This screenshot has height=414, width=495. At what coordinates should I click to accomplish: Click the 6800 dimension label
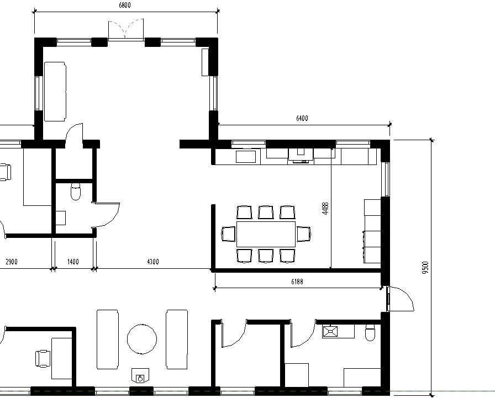(125, 5)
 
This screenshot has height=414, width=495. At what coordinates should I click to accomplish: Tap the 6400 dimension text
(302, 118)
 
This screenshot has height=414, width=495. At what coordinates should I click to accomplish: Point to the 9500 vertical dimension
(425, 268)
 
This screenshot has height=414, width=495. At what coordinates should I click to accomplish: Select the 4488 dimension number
(325, 209)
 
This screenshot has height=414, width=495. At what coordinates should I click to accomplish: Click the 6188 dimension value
(297, 282)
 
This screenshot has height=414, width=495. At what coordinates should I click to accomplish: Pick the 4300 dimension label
(153, 262)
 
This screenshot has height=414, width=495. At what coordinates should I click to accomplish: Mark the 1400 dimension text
(73, 262)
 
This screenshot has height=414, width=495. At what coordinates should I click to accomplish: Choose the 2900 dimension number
(12, 262)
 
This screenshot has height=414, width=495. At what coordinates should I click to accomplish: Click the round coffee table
(142, 339)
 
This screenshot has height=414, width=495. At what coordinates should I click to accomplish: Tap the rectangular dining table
(266, 234)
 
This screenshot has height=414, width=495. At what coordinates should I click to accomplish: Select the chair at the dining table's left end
(229, 234)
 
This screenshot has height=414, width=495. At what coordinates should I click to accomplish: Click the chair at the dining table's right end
(304, 234)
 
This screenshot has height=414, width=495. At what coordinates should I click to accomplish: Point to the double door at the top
(126, 29)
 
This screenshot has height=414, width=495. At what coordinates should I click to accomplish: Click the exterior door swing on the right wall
(401, 299)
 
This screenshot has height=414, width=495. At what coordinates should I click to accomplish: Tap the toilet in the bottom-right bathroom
(370, 333)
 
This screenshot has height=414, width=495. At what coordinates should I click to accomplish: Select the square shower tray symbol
(330, 332)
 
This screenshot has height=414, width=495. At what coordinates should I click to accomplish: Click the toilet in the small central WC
(76, 191)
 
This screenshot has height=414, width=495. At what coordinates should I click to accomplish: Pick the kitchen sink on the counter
(246, 157)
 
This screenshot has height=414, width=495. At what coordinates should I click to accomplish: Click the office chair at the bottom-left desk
(43, 359)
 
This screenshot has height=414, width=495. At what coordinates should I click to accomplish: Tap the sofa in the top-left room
(55, 92)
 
